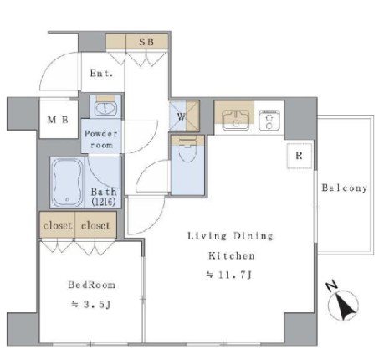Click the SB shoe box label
point(146,42)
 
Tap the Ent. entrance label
point(101,74)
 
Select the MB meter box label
point(58,120)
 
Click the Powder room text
point(101,139)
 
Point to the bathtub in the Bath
point(67,183)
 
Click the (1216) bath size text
point(103,202)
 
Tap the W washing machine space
point(184,116)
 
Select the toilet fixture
point(187,150)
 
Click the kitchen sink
point(236,121)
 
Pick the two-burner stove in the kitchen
point(269,120)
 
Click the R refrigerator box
point(300,156)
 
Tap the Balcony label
point(345,188)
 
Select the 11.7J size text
point(229,275)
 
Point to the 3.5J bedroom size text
point(91,304)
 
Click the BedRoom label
point(91,285)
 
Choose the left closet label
point(58,225)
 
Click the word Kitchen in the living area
point(232,255)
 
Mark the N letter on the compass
point(332,286)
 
